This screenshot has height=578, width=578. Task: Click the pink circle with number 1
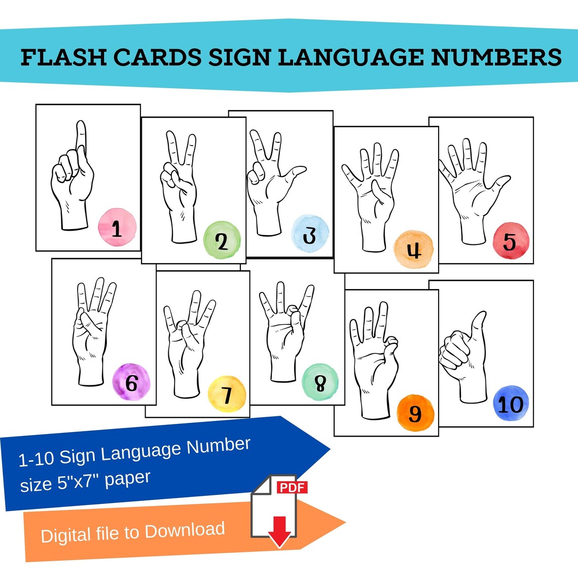pos(117,228)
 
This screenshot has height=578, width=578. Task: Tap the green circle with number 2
pos(222,240)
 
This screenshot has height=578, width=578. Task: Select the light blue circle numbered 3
pos(310,234)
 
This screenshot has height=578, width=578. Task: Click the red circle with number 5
pos(511,240)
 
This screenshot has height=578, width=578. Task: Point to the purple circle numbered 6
pos(131,382)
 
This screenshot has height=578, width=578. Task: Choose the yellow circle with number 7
pos(227,394)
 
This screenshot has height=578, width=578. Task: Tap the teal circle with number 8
pos(320,383)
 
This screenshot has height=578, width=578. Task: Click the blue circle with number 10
pos(511,404)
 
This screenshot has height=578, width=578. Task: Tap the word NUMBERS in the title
pos(496,57)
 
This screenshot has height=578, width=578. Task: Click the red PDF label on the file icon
pos(293,487)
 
